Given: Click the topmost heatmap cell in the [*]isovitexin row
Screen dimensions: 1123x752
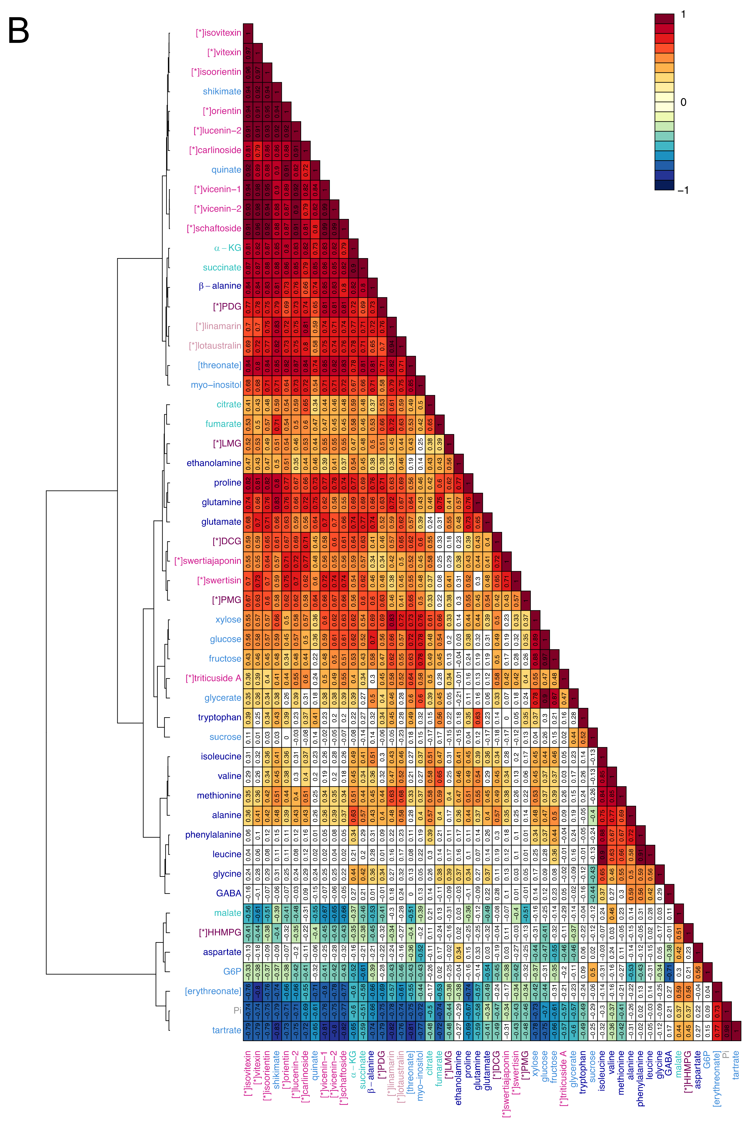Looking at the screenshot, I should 248,33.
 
